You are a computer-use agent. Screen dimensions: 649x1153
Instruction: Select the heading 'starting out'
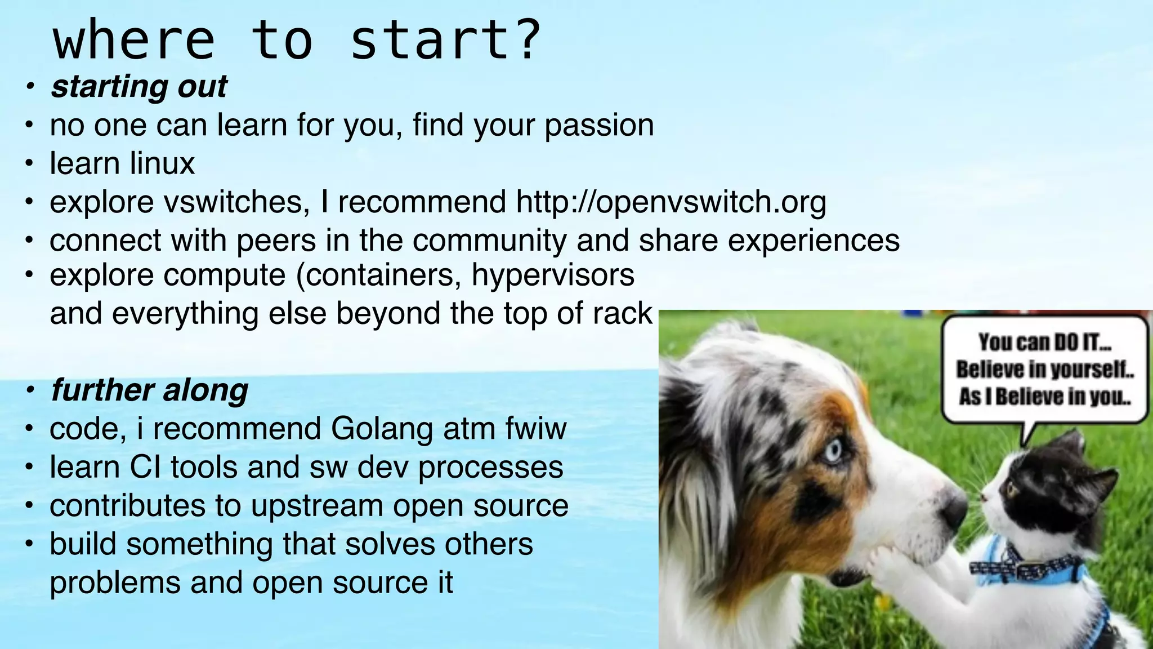138,87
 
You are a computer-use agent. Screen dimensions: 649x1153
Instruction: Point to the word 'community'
489,241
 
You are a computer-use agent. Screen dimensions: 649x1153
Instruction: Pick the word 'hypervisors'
553,275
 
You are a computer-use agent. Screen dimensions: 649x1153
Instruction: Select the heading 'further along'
149,390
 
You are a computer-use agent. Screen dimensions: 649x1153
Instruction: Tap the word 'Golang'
382,429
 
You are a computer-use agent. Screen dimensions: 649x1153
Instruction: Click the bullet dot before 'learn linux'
29,165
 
